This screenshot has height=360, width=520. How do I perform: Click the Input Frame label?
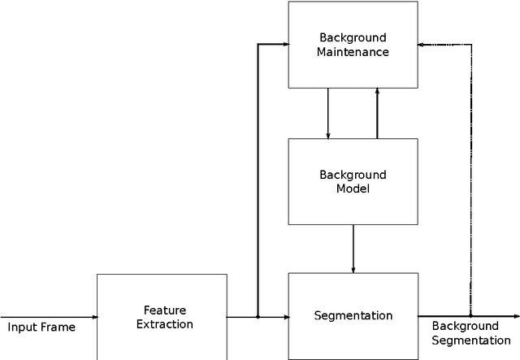tap(41, 327)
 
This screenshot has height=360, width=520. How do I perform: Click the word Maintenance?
tap(353, 52)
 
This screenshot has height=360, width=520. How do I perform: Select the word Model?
tap(353, 189)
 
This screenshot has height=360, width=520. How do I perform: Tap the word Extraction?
tap(165, 324)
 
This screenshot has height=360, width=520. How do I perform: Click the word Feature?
tap(165, 310)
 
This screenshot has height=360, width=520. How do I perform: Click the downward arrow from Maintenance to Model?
tap(327, 113)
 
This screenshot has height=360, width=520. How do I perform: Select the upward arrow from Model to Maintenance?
tap(377, 113)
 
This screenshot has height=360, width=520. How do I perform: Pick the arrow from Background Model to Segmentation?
tap(353, 249)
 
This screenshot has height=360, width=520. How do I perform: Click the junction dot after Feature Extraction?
tap(258, 316)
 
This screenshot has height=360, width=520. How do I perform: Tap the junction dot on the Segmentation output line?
tap(470, 316)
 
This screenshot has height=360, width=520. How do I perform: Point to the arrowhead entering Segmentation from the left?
tap(285, 316)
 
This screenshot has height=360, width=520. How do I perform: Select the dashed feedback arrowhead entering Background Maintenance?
tap(421, 44)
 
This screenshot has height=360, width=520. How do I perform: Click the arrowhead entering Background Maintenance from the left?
tap(285, 44)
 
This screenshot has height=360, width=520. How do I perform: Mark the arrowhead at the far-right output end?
tap(516, 316)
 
